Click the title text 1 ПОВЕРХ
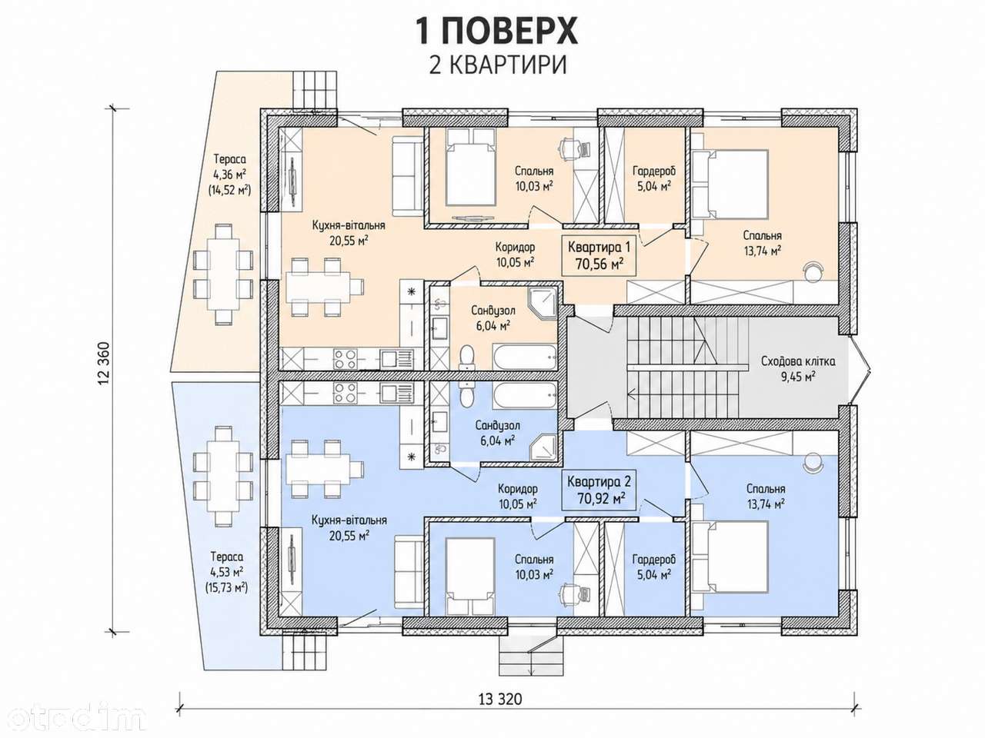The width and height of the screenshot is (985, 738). [497, 32]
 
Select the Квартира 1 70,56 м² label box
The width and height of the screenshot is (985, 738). [599, 255]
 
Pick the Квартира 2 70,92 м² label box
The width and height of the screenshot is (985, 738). [599, 490]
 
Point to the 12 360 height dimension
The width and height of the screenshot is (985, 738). [104, 364]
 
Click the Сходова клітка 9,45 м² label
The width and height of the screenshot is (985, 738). [798, 368]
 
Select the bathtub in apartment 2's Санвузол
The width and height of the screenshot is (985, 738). [525, 395]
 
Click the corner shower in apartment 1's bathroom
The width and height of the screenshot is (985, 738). [543, 304]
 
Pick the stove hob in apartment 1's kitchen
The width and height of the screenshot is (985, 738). [345, 359]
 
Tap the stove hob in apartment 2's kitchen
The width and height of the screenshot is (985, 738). [345, 393]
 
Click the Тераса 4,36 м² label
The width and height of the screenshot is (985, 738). [229, 175]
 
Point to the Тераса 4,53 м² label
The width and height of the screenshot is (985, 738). [227, 572]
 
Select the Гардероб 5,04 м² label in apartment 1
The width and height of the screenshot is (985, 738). [654, 178]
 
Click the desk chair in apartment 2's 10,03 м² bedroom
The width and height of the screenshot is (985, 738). [568, 594]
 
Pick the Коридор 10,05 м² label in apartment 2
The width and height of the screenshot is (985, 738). [517, 496]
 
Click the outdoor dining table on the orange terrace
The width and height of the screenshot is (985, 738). [223, 274]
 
